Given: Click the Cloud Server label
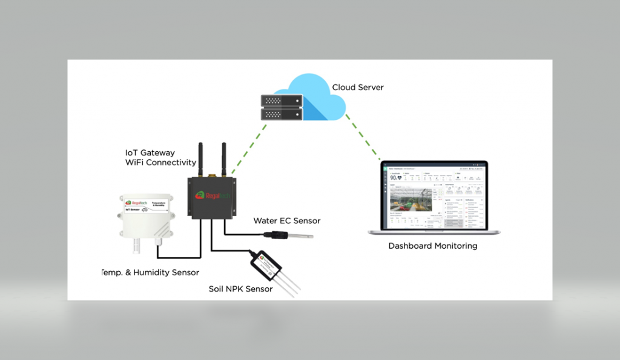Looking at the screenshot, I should pos(358,87).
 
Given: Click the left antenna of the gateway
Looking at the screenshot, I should pos(199,159).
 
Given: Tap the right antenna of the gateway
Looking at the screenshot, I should pos(223,159).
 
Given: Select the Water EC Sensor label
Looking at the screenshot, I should pos(286,221).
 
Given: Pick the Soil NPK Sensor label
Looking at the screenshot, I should pos(240,289).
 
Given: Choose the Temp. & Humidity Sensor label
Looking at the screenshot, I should pos(151,272).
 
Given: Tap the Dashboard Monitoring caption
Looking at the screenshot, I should pos(432,246).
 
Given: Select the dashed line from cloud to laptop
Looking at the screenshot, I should pos(363,137).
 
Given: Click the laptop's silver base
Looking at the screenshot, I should pos(434,233).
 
